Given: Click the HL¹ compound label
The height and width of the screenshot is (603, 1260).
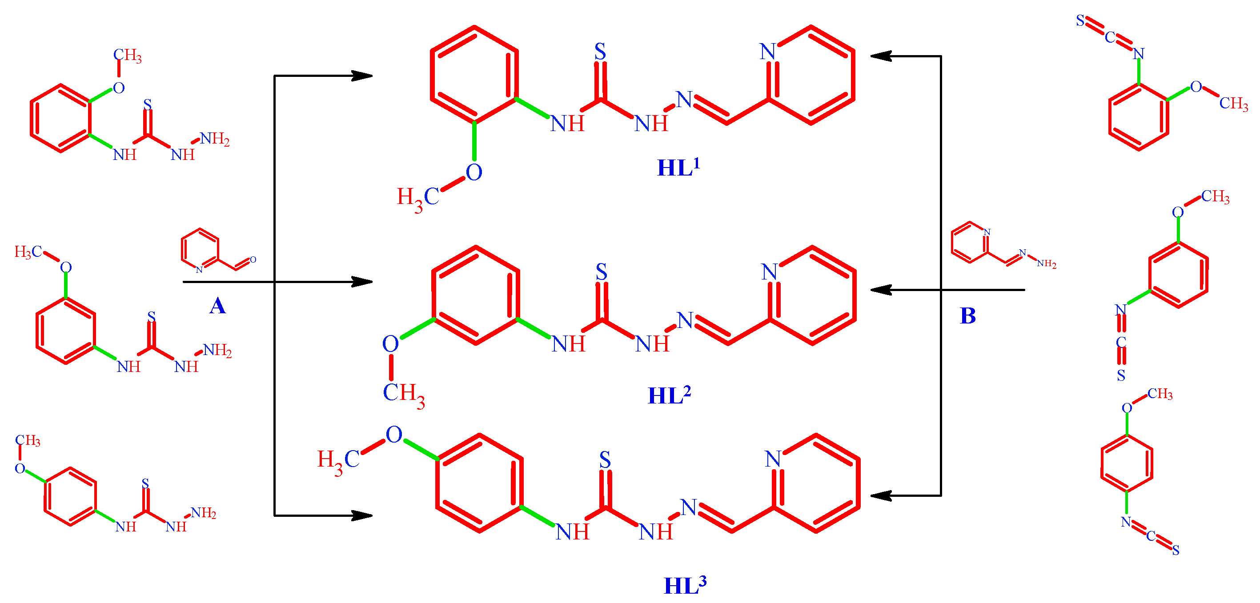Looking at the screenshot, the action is tap(678, 167).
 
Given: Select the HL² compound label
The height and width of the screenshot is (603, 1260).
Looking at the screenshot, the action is tap(669, 395).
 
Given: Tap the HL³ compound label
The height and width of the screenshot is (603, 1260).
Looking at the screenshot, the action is tap(684, 585).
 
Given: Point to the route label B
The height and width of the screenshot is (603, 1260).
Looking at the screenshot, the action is tap(968, 316).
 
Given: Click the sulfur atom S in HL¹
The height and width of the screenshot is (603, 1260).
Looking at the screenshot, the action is tap(600, 52).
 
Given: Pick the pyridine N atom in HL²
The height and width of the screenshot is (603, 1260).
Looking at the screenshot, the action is tap(770, 272).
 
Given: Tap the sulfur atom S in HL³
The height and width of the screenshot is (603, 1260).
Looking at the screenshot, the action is tap(605, 460).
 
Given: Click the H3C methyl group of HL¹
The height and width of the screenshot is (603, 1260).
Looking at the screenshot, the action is tap(417, 198).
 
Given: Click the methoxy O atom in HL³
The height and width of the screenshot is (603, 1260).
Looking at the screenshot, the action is tap(394, 434).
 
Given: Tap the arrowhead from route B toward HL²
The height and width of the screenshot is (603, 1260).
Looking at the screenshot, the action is tap(880, 290).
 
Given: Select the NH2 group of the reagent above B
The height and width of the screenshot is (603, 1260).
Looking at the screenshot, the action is tap(1046, 264).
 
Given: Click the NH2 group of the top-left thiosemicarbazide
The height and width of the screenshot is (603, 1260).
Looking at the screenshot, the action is tap(215, 139).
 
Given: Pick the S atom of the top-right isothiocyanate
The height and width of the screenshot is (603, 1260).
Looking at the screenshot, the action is tap(1080, 20).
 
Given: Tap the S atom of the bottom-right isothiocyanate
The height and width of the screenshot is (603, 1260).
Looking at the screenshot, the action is tap(1176, 550).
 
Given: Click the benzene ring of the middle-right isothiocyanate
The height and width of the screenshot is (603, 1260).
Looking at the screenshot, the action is tap(1178, 275).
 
